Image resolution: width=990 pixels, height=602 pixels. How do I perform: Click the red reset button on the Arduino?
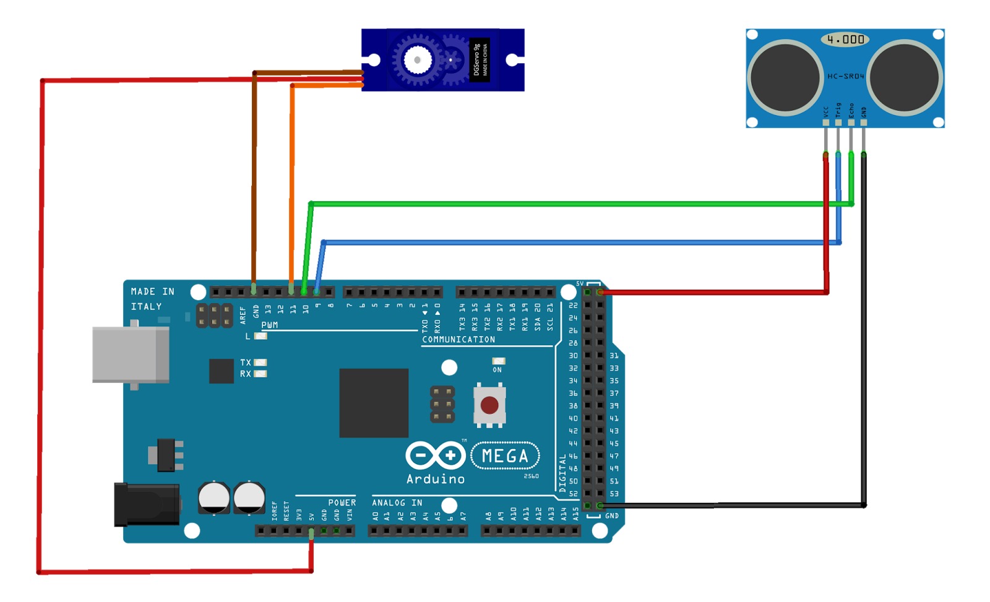click(489, 405)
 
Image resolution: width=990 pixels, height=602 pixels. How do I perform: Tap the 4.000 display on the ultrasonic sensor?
click(845, 40)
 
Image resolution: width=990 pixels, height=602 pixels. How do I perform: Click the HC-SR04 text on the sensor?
click(845, 76)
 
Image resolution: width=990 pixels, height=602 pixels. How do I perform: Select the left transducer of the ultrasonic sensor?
click(785, 78)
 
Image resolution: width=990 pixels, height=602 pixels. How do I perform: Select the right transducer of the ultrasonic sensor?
click(905, 78)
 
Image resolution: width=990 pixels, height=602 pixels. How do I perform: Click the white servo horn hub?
click(418, 60)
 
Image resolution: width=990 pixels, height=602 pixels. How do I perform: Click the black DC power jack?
click(147, 505)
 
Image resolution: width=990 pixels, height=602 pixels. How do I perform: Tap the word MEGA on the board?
click(505, 456)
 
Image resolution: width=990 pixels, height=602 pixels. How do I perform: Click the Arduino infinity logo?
click(435, 456)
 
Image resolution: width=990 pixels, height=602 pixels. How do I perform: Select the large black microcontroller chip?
click(374, 403)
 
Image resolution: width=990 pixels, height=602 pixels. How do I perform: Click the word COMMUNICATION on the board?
click(458, 340)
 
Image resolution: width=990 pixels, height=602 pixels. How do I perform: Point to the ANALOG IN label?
click(397, 502)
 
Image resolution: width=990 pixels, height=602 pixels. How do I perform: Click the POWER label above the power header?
click(342, 502)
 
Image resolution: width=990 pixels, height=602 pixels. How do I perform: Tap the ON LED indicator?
click(498, 361)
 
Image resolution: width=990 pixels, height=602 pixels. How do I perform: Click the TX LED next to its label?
click(260, 363)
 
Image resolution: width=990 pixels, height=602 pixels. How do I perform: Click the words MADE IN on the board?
click(152, 291)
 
